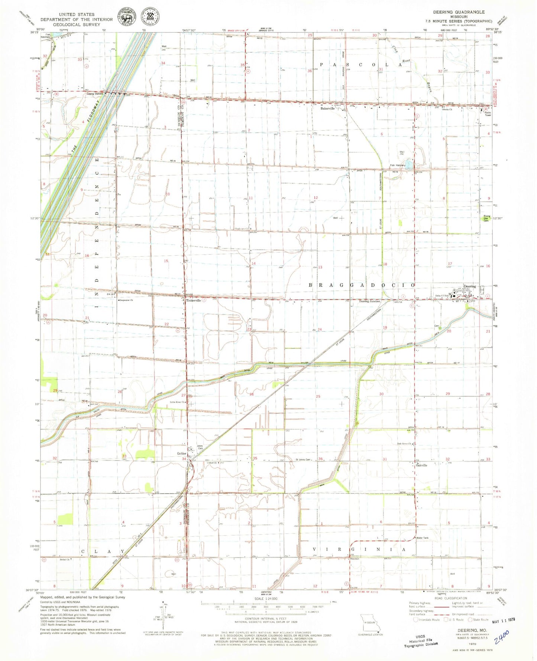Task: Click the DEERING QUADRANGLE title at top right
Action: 459,12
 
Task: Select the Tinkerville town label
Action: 193,301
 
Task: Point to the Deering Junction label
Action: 369,301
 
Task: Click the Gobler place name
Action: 181,454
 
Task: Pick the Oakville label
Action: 421,465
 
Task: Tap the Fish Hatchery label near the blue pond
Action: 397,166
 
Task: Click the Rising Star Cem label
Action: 486,219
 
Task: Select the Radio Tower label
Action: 488,114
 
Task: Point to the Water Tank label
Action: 423,538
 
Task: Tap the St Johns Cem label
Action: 303,460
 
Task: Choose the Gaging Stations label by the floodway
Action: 95,94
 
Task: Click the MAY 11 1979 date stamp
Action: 504,622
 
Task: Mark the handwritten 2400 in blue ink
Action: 501,637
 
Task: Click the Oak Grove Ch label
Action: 404,444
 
